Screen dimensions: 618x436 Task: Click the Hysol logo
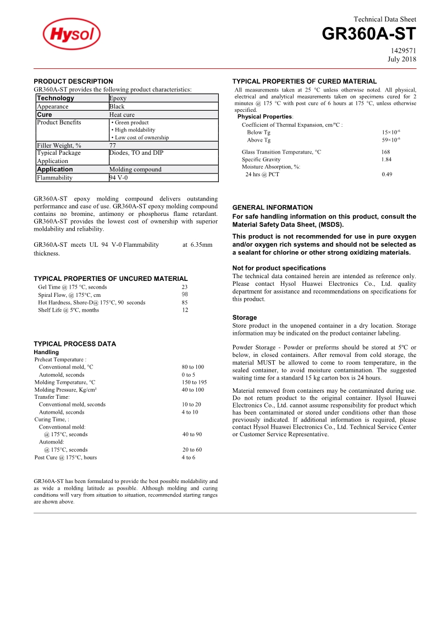71,35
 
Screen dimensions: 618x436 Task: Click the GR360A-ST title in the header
368,34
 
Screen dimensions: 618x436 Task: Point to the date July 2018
402,59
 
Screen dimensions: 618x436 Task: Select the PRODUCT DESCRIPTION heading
73,81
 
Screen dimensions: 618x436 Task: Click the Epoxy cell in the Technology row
118,98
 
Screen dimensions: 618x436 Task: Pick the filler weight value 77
113,145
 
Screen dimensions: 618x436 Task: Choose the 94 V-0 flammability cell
119,178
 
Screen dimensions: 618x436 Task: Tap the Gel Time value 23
185,287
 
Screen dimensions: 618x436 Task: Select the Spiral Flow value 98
185,294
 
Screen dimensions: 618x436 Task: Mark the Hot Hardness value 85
185,302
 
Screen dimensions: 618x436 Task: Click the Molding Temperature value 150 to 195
194,382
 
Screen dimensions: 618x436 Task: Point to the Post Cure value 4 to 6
188,457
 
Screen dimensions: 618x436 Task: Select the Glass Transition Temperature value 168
385,152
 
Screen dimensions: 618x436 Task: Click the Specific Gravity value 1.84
386,159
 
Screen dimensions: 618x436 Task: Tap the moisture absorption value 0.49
387,175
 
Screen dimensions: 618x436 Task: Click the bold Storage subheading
245,318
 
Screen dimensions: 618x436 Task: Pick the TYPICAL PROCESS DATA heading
75,344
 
